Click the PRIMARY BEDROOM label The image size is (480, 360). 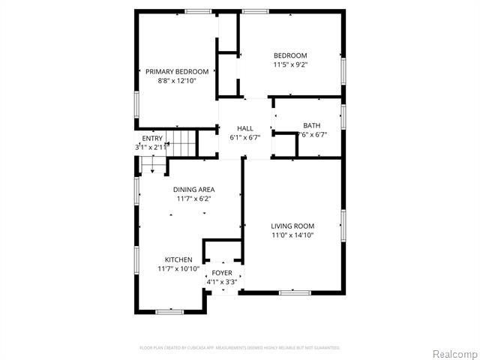coord(176,71)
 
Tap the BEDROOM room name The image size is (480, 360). coord(290,55)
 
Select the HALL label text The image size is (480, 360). coord(244,129)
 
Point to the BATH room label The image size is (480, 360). coord(311,125)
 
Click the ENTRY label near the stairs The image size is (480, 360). coord(152,138)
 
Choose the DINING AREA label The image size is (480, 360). coord(194,190)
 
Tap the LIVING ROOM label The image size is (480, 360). coord(292,226)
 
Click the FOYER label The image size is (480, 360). coord(222,272)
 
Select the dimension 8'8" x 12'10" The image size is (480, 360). coord(176,80)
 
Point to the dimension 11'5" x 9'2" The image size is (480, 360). coord(290,64)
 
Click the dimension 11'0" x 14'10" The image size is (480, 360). coord(292,235)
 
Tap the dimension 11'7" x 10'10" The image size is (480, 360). coord(178,268)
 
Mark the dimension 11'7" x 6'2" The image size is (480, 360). coord(194,199)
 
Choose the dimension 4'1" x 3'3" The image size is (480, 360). coord(222,281)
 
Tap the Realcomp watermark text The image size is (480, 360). coord(452,352)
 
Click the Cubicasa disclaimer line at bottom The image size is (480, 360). coord(240,347)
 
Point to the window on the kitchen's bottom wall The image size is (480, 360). coord(169,310)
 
